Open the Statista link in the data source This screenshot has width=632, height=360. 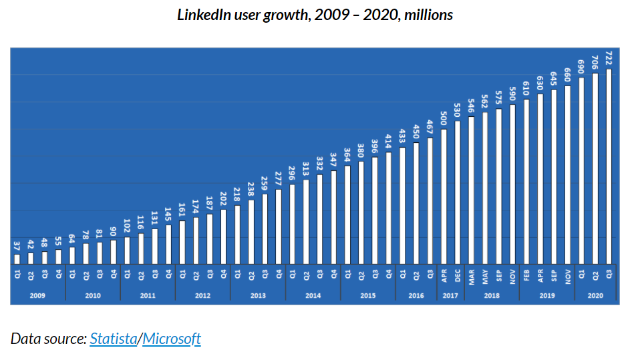point(114,339)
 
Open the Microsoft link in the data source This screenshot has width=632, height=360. point(172,339)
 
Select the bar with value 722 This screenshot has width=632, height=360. point(609,166)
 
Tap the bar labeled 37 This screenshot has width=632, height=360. point(16,258)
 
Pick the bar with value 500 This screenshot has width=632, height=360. point(444,196)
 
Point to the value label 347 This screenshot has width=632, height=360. point(333,161)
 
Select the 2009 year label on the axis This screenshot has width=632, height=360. point(37,295)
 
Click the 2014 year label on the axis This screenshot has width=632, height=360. point(313,295)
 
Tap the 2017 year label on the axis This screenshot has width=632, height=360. point(450,295)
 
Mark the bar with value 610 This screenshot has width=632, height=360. point(526,181)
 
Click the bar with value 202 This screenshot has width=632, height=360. point(223,236)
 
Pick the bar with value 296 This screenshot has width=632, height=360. point(292,224)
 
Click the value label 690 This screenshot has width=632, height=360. point(581,67)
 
